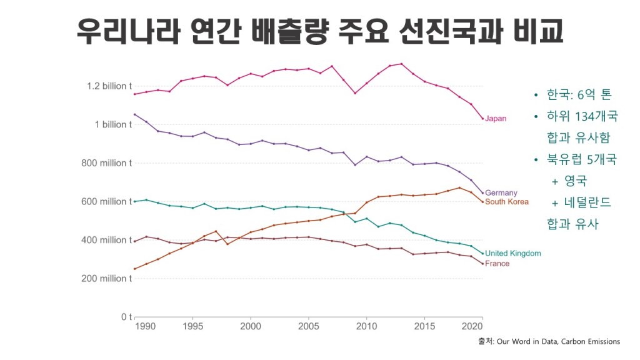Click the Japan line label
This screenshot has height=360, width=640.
(496, 119)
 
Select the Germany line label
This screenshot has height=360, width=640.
(501, 193)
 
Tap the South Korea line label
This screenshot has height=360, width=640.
(506, 202)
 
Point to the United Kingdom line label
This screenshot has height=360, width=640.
(512, 254)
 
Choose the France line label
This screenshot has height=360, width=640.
(497, 264)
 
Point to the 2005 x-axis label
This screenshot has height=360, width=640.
(308, 327)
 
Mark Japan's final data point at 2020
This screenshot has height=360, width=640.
(482, 118)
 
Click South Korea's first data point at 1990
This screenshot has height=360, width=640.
(135, 269)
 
